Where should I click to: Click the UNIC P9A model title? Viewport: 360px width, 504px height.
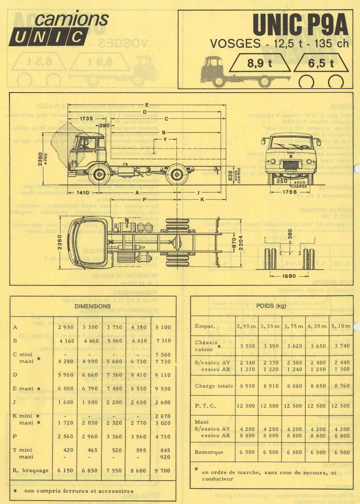300,26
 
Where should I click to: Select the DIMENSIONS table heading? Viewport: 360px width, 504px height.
92,306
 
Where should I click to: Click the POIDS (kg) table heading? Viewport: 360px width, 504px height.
272,306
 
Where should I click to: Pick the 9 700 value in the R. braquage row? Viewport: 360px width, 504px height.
162,471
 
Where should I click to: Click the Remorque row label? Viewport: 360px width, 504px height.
209,452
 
